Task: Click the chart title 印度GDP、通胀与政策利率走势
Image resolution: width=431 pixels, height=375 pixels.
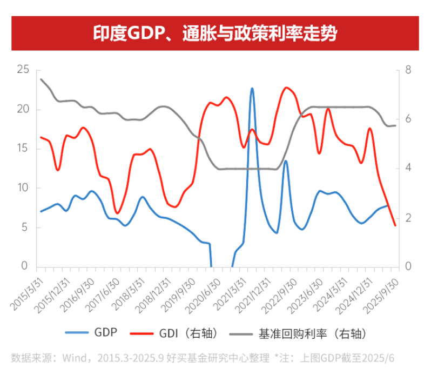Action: (215, 33)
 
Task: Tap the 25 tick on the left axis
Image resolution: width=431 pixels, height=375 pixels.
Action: (23, 70)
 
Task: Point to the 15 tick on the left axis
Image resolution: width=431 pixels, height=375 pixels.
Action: (23, 149)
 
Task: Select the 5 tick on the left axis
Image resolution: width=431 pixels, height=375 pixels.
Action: (25, 227)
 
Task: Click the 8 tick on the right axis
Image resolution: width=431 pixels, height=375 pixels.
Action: (408, 70)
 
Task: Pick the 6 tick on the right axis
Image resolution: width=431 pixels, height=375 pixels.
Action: (408, 119)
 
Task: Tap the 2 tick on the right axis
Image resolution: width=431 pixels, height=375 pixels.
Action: (408, 217)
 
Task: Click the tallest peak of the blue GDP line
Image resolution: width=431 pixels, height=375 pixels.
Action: (252, 88)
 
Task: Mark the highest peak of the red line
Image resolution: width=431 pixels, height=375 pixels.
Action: (286, 87)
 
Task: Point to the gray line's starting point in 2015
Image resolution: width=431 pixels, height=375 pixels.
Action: (41, 79)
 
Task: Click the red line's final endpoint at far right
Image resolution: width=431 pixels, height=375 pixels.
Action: (395, 225)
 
